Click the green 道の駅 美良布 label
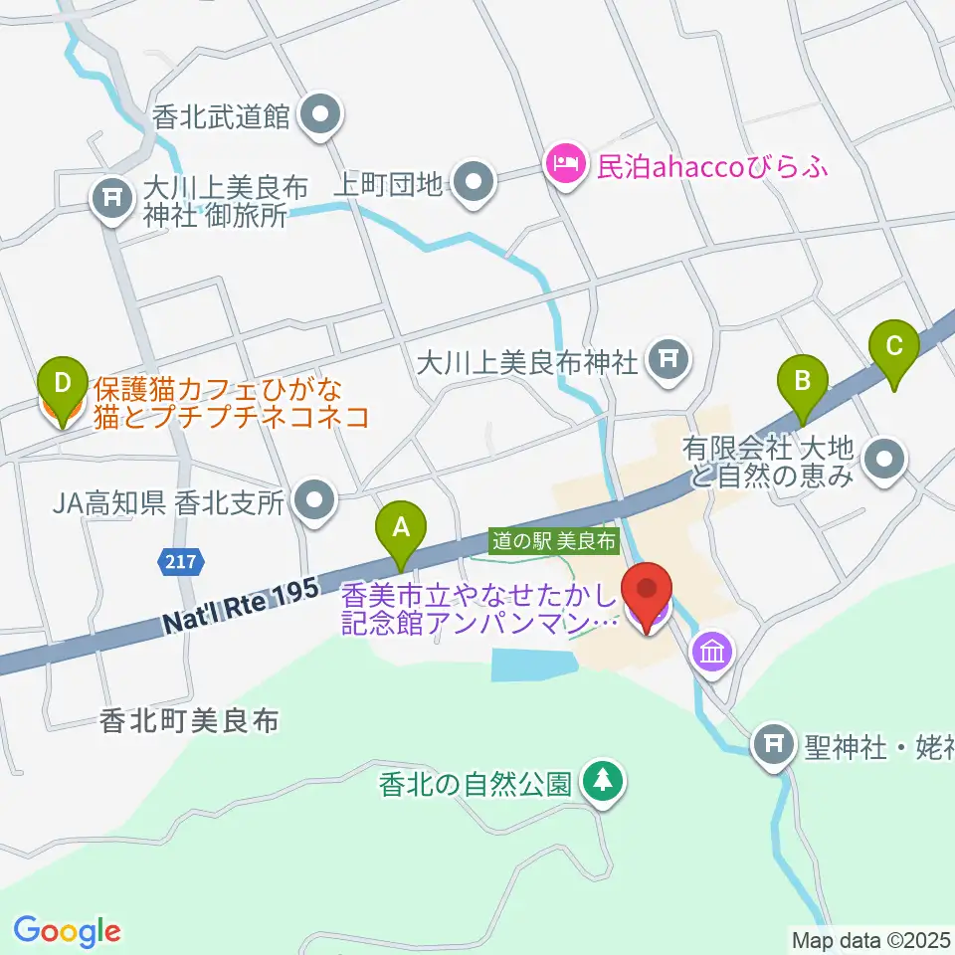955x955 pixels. [x=555, y=541]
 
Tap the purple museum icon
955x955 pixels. [x=715, y=653]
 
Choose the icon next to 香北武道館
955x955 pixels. [x=320, y=117]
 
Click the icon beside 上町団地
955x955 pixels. [x=474, y=182]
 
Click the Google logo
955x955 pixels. [x=67, y=931]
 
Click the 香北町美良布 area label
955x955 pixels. [x=189, y=721]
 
